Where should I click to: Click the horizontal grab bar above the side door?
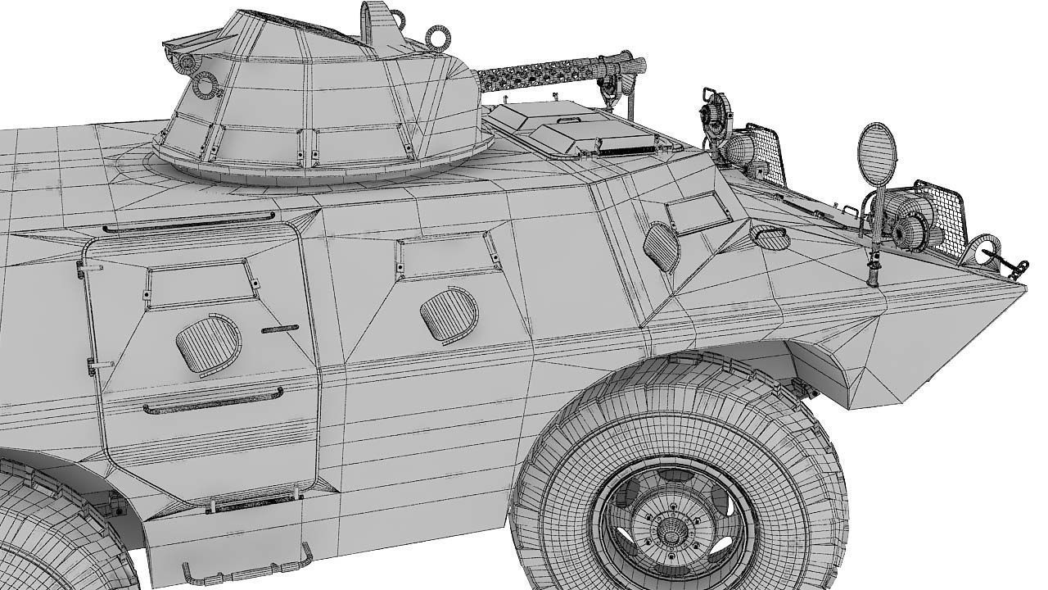point(188,223)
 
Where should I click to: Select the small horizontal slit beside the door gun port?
point(279,329)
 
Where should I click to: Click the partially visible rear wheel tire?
point(49,533)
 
